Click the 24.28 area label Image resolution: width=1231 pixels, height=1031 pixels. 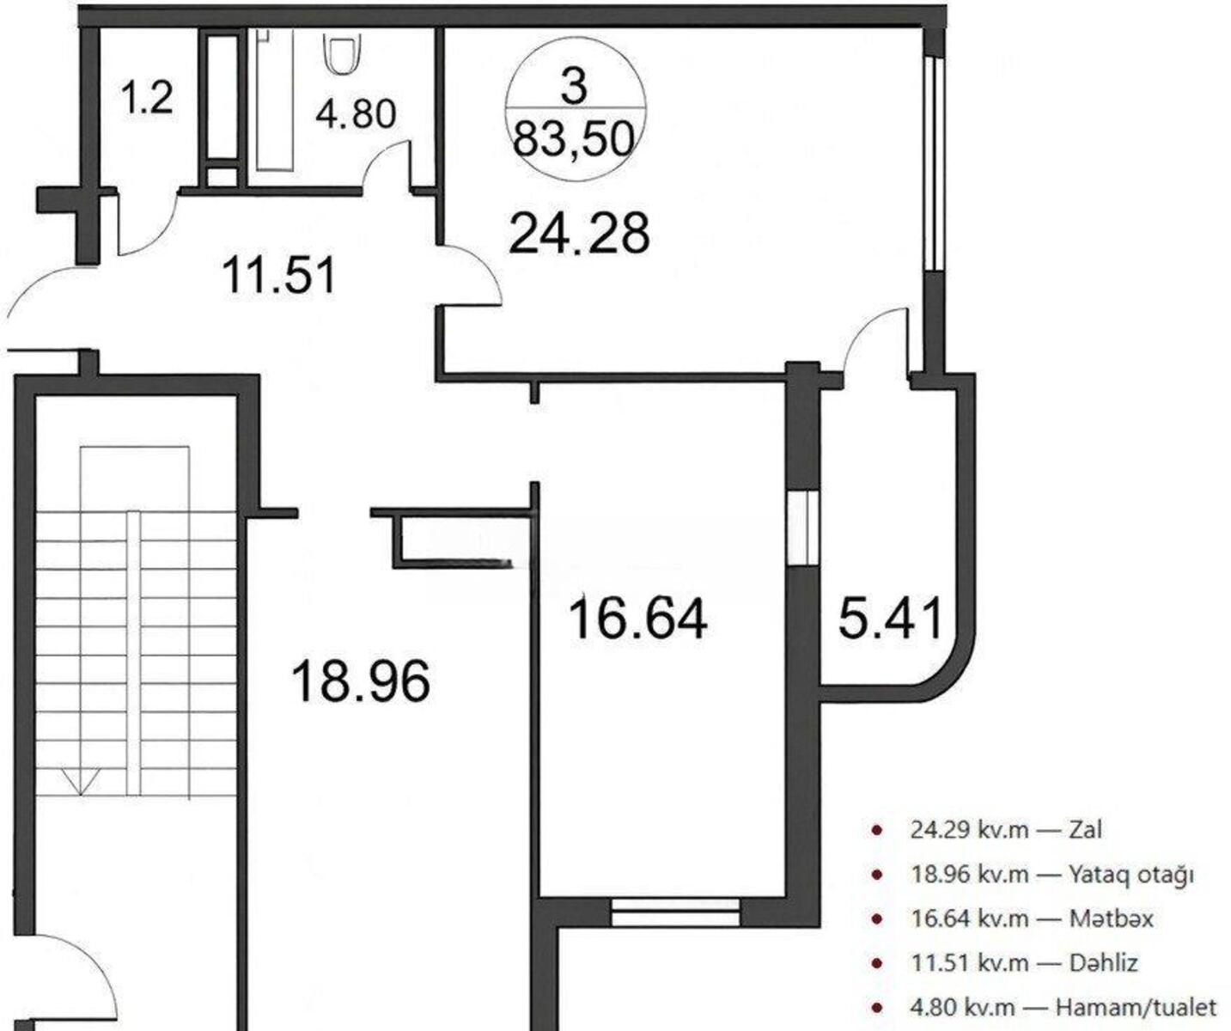[x=580, y=235]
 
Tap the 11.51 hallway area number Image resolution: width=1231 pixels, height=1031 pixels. [x=280, y=274]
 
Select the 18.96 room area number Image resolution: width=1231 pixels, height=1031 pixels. [x=361, y=681]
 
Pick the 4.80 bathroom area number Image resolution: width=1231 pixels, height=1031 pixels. [x=356, y=113]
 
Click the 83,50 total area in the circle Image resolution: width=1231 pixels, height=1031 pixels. [x=574, y=140]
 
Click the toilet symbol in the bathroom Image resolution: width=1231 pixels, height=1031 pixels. [x=342, y=53]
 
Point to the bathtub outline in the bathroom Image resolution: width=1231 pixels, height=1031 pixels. [x=275, y=101]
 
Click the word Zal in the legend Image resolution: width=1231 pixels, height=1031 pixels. [x=1085, y=830]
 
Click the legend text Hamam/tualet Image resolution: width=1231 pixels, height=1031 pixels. [x=1137, y=1008]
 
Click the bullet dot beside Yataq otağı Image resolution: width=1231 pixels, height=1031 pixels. [x=877, y=875]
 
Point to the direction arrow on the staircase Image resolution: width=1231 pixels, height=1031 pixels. [x=81, y=782]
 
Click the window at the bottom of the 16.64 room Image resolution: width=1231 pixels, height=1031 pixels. [x=675, y=912]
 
